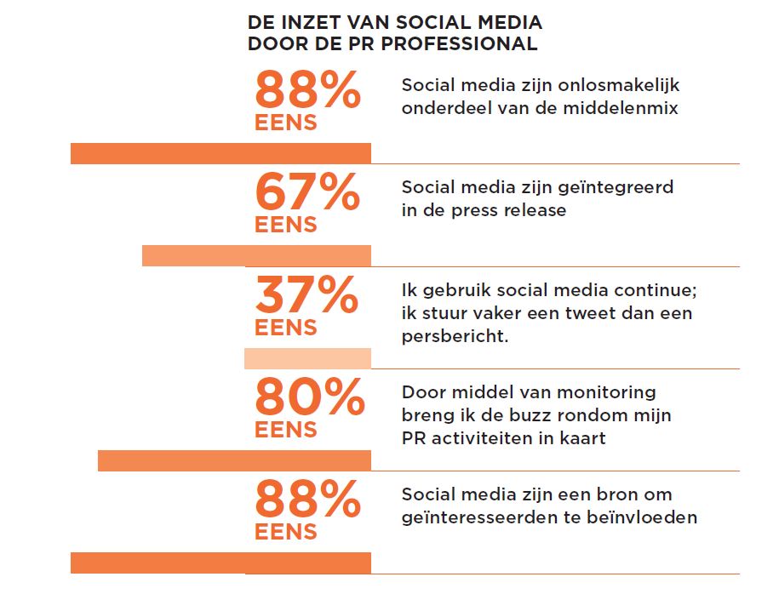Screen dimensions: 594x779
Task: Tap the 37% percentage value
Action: [x=306, y=295]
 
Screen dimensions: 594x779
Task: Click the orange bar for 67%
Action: [x=256, y=255]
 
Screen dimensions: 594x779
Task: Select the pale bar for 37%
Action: [x=307, y=358]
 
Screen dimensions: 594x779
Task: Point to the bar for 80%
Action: [x=234, y=460]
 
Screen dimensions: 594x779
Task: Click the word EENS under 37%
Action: [x=285, y=328]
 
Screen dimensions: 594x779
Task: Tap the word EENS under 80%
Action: [x=285, y=430]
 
